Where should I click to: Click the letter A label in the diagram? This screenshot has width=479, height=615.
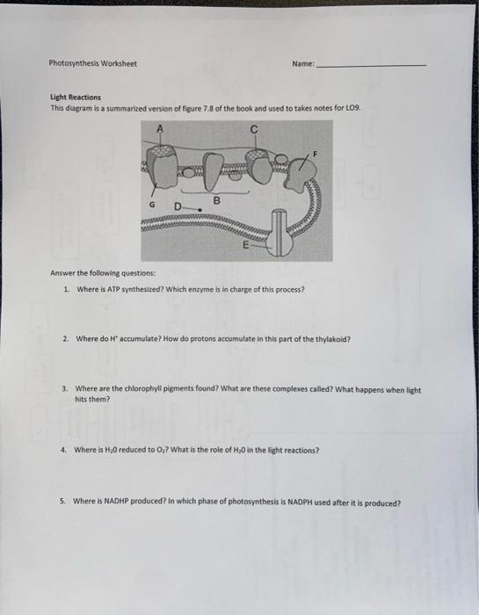point(160,128)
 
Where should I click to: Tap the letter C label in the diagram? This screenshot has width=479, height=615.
point(254,129)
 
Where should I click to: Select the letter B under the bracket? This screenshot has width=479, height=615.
point(216,201)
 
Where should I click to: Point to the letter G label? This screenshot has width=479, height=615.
point(152,205)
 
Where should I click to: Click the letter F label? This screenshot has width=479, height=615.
point(315,155)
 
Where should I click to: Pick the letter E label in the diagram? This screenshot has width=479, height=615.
point(246,245)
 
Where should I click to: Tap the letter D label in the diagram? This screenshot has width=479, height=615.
point(178,206)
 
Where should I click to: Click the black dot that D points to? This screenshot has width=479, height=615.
point(200,210)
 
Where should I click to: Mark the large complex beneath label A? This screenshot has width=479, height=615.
point(162,168)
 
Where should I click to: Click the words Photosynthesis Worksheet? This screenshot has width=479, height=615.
point(92,63)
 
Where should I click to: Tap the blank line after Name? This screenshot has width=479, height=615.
point(371,66)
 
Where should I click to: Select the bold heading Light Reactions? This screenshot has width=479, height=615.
point(76,97)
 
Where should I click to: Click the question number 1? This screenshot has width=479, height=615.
point(66,289)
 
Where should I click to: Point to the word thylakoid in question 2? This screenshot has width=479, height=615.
point(333,339)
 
